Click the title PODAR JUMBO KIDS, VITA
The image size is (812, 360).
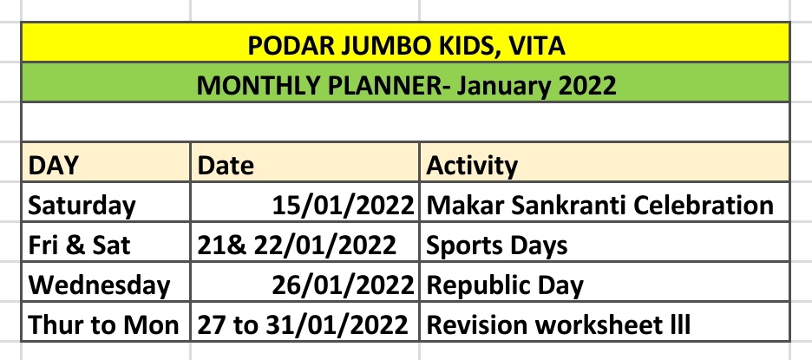point(406,46)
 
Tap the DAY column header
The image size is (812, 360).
point(53,166)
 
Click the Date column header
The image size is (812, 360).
point(226,166)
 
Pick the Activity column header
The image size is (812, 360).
point(471,167)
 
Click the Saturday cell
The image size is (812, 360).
point(82,206)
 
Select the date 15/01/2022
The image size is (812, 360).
point(343,206)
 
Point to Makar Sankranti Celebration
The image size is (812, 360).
point(599,205)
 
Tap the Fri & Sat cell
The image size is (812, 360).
point(79,245)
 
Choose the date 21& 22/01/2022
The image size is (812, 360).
point(296,245)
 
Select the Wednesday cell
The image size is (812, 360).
point(99,285)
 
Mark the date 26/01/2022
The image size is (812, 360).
point(343,285)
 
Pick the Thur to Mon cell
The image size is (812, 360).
point(103,324)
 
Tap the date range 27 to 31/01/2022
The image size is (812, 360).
point(303,324)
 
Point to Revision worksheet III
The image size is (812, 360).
point(558,324)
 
